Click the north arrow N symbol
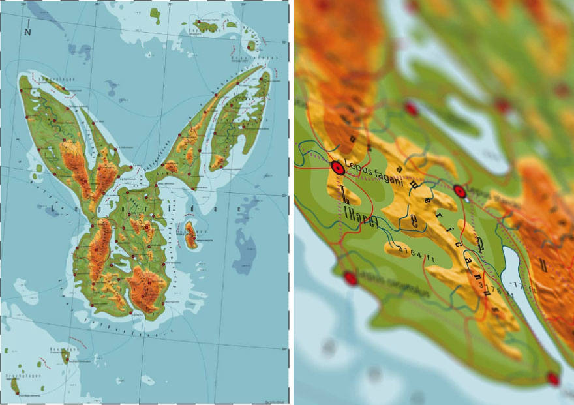pyautogui.click(x=27, y=29)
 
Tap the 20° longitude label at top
pyautogui.click(x=24, y=5)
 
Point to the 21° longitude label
pyautogui.click(x=97, y=5)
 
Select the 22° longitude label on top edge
pyautogui.click(x=170, y=5)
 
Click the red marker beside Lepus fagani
pyautogui.click(x=337, y=168)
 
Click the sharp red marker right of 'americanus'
pyautogui.click(x=459, y=191)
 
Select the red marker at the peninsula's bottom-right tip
pyautogui.click(x=553, y=378)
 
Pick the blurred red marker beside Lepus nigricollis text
pyautogui.click(x=351, y=278)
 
